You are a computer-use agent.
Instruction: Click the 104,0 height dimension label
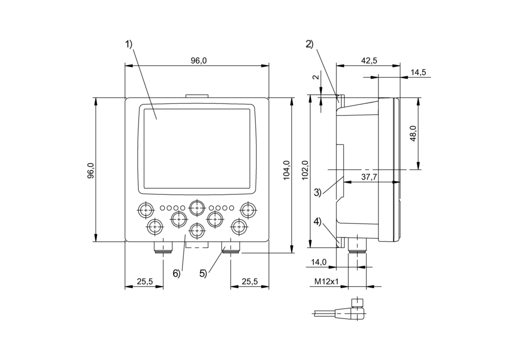pos(286,170)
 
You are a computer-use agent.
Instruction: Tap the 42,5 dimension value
pos(369,61)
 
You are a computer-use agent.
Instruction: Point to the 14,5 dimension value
pos(418,72)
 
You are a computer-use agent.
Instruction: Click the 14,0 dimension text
pos(318,262)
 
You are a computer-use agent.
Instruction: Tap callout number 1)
pos(129,45)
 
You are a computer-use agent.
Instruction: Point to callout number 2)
pos(309,45)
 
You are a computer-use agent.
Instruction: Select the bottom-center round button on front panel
pos(197,229)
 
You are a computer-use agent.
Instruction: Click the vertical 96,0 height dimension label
pos(90,170)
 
